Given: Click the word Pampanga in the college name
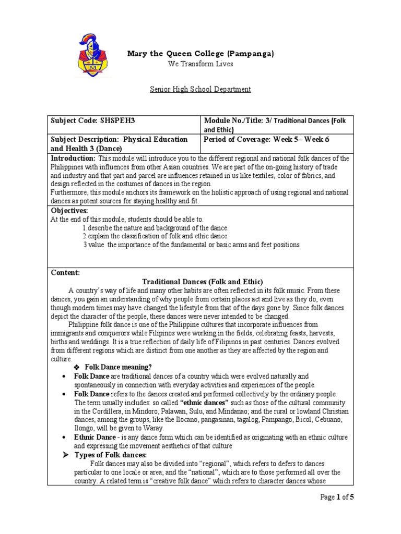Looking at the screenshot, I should (251, 53).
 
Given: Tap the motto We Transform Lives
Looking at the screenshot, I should (200, 64).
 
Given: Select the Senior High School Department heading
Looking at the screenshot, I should (200, 89).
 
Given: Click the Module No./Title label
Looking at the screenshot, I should (234, 120).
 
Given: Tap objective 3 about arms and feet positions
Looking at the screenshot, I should (191, 245).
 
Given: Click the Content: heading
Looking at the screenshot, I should (65, 273).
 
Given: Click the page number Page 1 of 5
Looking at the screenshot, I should (337, 497).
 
